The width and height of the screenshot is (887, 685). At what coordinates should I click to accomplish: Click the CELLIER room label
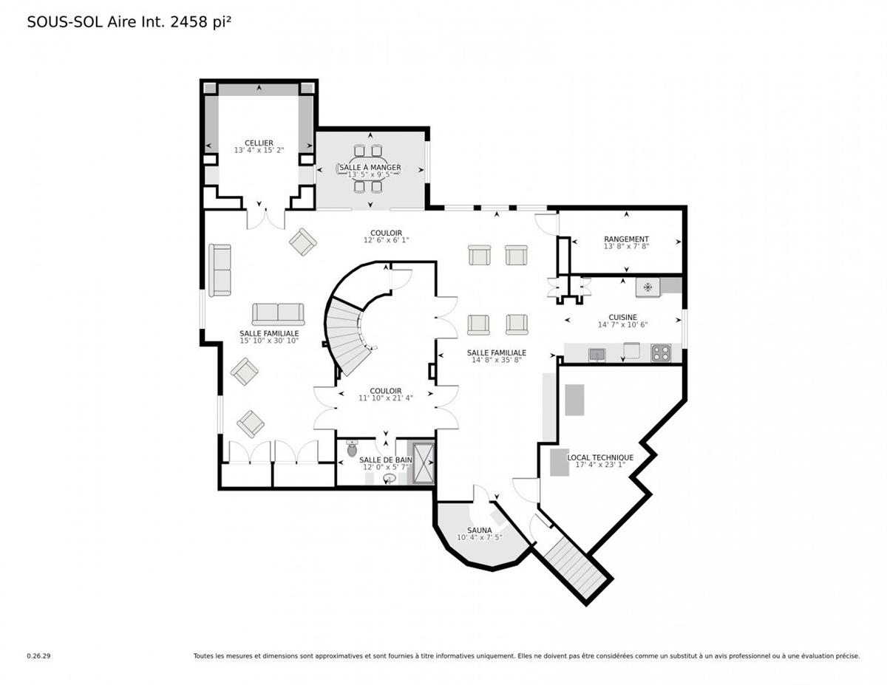click(x=259, y=143)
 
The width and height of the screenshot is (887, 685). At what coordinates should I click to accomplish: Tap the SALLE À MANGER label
click(x=370, y=167)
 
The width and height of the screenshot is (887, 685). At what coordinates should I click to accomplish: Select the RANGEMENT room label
click(x=626, y=239)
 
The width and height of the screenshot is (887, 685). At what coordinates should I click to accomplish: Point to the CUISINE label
click(x=622, y=317)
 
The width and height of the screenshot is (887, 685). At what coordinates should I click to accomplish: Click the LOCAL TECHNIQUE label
click(x=600, y=457)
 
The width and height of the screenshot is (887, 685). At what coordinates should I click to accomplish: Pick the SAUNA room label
click(x=479, y=530)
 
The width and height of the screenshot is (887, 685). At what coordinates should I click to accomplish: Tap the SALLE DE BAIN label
click(x=385, y=460)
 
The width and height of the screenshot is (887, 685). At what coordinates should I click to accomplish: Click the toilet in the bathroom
click(x=351, y=448)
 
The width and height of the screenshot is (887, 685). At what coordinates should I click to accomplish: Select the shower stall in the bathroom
click(x=424, y=463)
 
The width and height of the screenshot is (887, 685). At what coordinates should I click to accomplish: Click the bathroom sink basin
click(x=389, y=478)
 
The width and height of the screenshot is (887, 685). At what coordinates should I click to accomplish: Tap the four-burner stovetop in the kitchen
click(x=661, y=353)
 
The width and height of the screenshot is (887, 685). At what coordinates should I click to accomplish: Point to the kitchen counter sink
click(x=597, y=355)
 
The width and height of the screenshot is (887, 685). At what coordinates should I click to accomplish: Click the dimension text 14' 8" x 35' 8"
click(x=497, y=360)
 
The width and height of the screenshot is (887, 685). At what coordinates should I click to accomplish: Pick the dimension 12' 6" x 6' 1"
click(x=386, y=240)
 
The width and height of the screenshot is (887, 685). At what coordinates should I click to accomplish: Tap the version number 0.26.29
click(x=38, y=656)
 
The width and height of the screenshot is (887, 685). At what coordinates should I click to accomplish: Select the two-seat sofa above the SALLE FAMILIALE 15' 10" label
click(x=278, y=314)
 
